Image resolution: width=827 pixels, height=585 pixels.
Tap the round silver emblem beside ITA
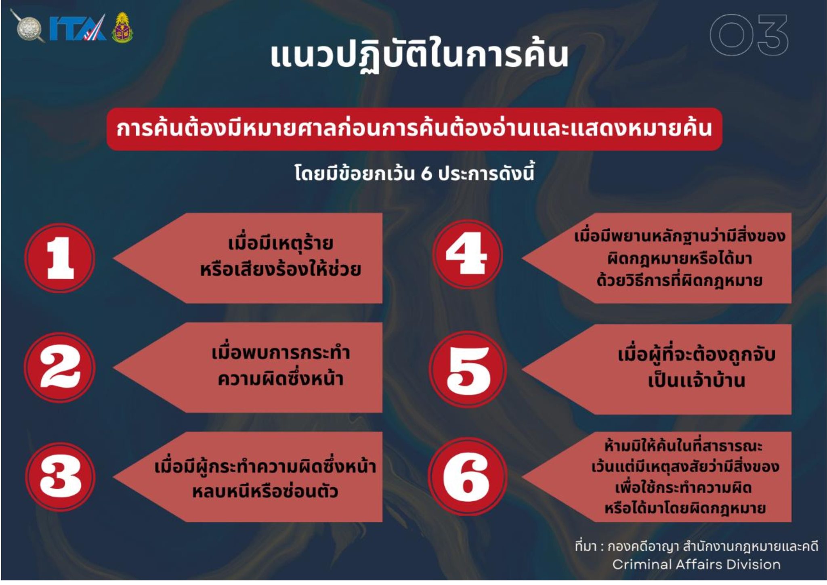pyautogui.click(x=28, y=26)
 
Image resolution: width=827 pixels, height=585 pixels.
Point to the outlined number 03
pyautogui.click(x=749, y=35)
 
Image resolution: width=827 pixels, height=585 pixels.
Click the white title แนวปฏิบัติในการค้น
pyautogui.click(x=419, y=55)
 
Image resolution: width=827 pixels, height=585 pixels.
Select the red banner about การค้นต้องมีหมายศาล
pyautogui.click(x=414, y=129)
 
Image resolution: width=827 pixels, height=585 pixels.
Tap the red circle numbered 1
pyautogui.click(x=60, y=258)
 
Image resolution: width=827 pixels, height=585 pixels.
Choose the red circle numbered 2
pyautogui.click(x=60, y=367)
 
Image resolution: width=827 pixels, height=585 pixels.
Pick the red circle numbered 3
pyautogui.click(x=60, y=476)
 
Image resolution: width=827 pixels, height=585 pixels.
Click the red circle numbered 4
pyautogui.click(x=467, y=254)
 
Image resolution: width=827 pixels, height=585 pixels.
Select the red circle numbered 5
pyautogui.click(x=468, y=369)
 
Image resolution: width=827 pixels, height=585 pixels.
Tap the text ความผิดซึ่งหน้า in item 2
pyautogui.click(x=280, y=379)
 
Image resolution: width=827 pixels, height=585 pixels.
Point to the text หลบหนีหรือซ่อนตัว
pyautogui.click(x=265, y=491)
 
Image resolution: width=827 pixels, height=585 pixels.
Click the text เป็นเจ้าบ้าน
pyautogui.click(x=696, y=380)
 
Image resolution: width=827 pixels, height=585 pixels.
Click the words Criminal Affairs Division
pyautogui.click(x=696, y=564)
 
